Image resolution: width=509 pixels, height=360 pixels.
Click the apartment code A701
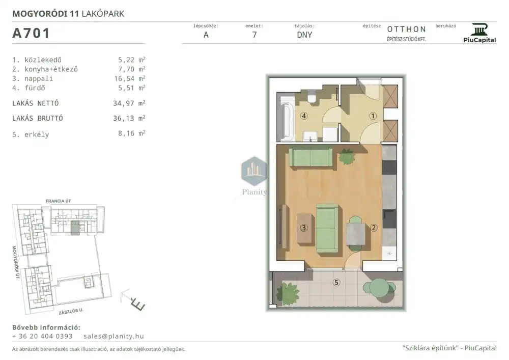coord(31,33)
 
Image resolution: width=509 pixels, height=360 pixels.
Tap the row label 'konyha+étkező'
coord(51,69)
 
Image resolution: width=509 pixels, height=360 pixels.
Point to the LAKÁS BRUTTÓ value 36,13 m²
coord(129,118)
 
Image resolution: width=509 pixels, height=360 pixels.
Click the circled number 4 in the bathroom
coord(304,116)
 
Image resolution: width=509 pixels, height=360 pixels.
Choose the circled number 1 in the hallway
coord(373,116)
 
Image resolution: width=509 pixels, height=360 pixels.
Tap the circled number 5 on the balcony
coord(336,283)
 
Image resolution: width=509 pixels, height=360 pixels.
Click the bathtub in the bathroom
coord(286,119)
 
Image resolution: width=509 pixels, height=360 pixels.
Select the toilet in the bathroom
coord(313,97)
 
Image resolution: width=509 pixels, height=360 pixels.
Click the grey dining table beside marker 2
coord(356,234)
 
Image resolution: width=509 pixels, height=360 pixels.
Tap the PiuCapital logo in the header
coord(479,33)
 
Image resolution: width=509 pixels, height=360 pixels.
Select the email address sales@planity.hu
coord(114,336)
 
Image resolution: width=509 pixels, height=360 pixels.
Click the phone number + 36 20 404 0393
coord(42,336)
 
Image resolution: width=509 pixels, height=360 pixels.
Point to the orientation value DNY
coord(304,35)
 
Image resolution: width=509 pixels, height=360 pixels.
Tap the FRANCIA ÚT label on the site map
coord(59,201)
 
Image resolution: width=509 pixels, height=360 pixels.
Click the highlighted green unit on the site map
coord(75,228)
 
